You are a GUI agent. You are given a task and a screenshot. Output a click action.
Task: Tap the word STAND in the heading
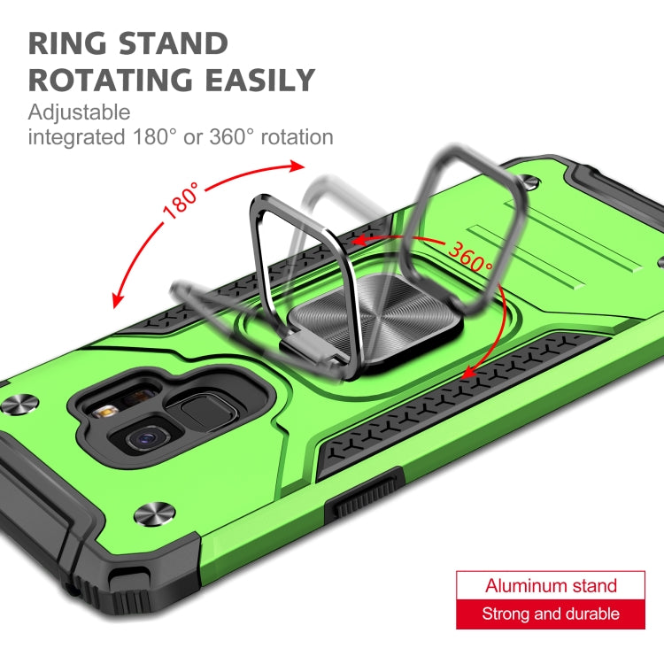click(x=174, y=43)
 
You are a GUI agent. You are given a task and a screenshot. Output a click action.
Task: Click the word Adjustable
click(x=79, y=113)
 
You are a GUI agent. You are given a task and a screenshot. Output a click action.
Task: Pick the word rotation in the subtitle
click(x=297, y=137)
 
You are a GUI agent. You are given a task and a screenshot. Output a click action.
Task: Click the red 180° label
click(x=181, y=201)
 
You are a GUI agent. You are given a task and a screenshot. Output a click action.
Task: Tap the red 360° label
click(x=470, y=257)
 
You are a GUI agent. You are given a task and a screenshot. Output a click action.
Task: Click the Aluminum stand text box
click(x=551, y=585)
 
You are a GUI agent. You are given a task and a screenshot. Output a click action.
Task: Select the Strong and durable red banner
click(x=551, y=614)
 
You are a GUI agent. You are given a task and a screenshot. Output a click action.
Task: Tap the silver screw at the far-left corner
click(x=19, y=404)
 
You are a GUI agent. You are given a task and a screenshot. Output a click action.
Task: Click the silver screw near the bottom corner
click(x=154, y=513)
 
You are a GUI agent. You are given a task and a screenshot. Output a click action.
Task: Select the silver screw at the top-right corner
click(x=530, y=182)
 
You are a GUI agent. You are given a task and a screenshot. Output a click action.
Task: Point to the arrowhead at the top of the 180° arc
click(x=297, y=166)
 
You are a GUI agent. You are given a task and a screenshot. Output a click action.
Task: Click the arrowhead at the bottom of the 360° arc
click(x=468, y=372)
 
